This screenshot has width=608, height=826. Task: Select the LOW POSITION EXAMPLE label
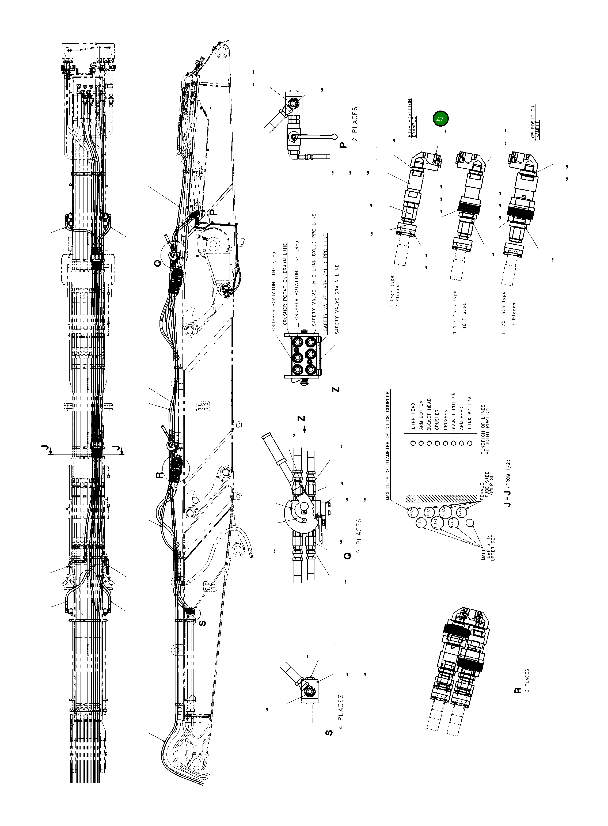pyautogui.click(x=535, y=122)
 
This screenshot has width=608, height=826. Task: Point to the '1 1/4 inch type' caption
pyautogui.click(x=455, y=312)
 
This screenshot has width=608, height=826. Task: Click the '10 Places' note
pyautogui.click(x=465, y=316)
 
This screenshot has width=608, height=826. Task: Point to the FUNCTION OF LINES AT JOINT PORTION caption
pyautogui.click(x=485, y=430)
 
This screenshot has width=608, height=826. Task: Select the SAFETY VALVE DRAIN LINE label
pyautogui.click(x=337, y=299)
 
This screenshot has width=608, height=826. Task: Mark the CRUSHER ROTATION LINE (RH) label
pyautogui.click(x=297, y=279)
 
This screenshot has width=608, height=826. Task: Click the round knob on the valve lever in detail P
pyautogui.click(x=334, y=136)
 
